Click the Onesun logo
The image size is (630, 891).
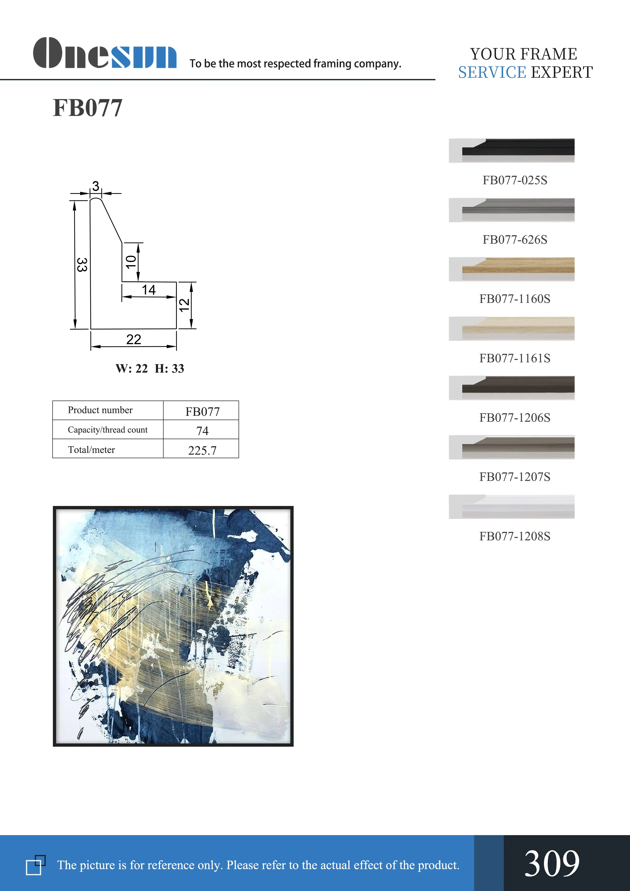pos(105,53)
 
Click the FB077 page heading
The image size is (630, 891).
pos(88,108)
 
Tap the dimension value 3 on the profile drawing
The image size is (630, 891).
pos(96,186)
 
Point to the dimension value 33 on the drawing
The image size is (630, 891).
pos(82,265)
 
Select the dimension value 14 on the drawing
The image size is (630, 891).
pos(148,290)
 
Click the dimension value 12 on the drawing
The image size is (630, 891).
pos(184,305)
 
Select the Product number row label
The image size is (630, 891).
pos(100,410)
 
